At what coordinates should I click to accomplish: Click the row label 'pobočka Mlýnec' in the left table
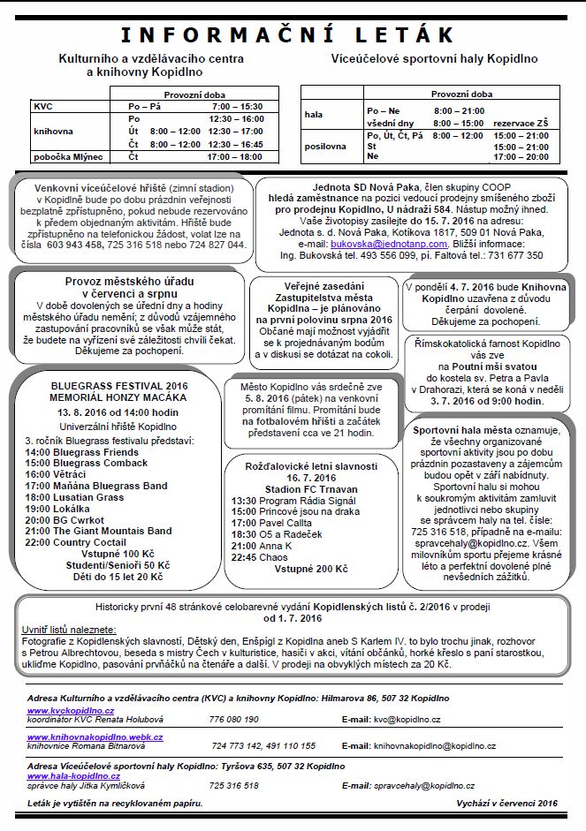tap(68, 156)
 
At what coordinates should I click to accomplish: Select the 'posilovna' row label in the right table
tap(326, 146)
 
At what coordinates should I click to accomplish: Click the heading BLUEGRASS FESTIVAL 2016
tap(119, 386)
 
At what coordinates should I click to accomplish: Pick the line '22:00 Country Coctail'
tap(75, 542)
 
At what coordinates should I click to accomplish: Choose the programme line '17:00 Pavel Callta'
tap(275, 522)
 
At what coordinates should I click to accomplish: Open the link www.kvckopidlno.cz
tap(71, 710)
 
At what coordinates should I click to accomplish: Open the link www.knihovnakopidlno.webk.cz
tap(95, 736)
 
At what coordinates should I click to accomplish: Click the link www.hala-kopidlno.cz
tap(73, 775)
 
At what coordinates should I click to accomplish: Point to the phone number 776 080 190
tap(234, 720)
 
